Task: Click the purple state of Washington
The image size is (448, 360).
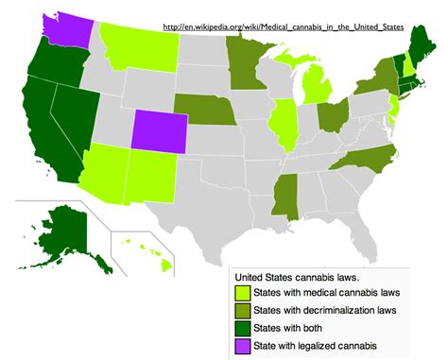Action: pos(69,30)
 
